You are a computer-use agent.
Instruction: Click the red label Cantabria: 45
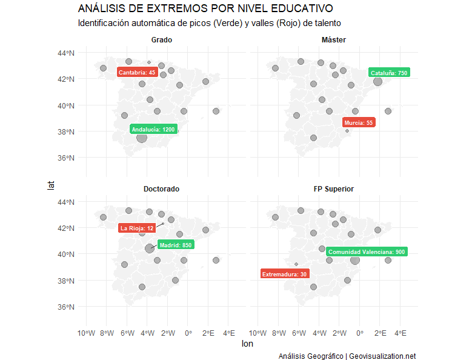pyautogui.click(x=137, y=73)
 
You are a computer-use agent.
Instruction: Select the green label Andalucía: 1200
pyautogui.click(x=153, y=130)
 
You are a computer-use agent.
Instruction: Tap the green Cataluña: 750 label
pyautogui.click(x=388, y=73)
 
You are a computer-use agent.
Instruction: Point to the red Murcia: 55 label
pyautogui.click(x=359, y=122)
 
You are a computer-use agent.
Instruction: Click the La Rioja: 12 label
pyautogui.click(x=137, y=228)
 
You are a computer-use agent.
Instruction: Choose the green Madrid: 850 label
pyautogui.click(x=176, y=245)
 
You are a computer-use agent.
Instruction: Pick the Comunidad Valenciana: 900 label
pyautogui.click(x=367, y=252)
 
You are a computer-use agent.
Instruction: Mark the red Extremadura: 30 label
pyautogui.click(x=284, y=274)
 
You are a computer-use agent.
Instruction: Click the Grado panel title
pyautogui.click(x=162, y=40)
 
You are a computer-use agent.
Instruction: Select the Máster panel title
pyautogui.click(x=334, y=40)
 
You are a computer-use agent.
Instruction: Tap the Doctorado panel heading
pyautogui.click(x=161, y=189)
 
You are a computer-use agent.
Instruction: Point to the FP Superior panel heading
pyautogui.click(x=334, y=189)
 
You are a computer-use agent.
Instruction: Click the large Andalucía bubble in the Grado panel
pyautogui.click(x=142, y=138)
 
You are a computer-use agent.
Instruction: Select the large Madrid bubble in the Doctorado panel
pyautogui.click(x=150, y=248)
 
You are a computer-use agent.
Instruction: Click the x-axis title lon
pyautogui.click(x=247, y=344)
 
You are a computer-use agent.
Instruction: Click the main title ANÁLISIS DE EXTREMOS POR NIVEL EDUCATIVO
pyautogui.click(x=205, y=8)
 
